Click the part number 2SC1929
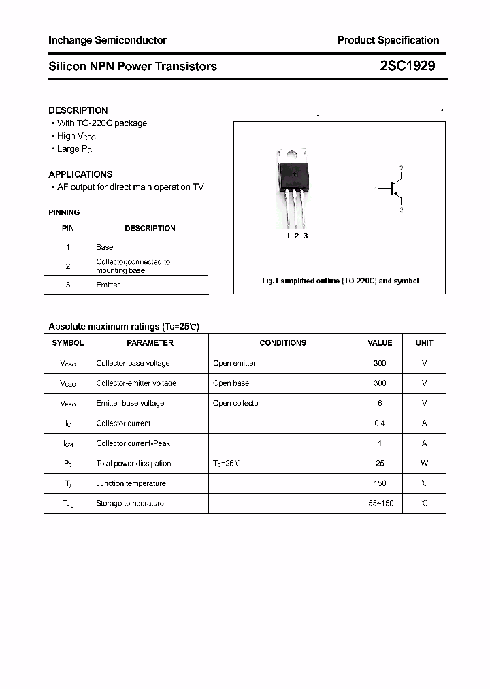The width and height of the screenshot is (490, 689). [407, 66]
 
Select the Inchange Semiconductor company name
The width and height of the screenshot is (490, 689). [108, 40]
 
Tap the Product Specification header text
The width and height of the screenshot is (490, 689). [388, 40]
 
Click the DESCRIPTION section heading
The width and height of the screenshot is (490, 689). [78, 110]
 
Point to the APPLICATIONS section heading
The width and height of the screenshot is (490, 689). [80, 174]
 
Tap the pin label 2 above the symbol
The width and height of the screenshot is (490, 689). [402, 168]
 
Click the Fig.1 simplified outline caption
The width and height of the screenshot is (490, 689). [340, 281]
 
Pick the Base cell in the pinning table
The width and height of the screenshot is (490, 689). [105, 247]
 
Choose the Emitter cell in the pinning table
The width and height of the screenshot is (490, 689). [108, 285]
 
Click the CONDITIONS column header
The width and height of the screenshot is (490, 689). [283, 343]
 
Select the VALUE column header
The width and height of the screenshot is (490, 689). [380, 343]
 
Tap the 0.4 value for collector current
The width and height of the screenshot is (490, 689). [380, 423]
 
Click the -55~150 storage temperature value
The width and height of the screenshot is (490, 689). [380, 503]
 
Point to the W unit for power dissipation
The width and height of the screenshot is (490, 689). [424, 463]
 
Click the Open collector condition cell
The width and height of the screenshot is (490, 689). [237, 403]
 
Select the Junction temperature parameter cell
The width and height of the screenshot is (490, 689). [131, 483]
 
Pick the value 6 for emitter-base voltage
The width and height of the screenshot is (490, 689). [380, 403]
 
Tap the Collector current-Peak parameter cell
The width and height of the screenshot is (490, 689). [133, 443]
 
